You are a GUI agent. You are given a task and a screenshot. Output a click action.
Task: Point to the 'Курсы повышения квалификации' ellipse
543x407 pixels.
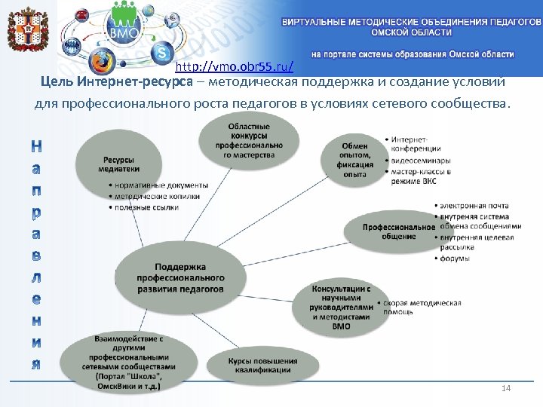(263, 366)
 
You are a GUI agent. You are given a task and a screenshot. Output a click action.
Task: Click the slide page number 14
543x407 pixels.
(506, 387)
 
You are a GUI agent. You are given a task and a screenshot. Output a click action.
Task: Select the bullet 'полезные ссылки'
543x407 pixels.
(147, 207)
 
